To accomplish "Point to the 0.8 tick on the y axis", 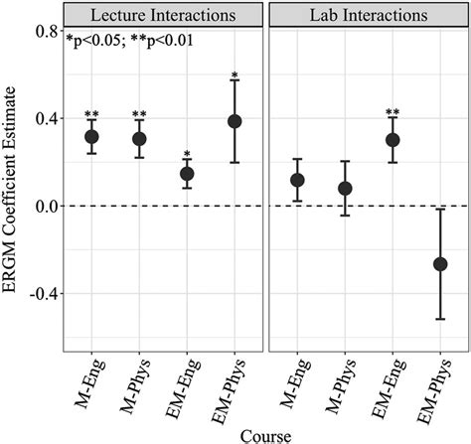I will click(45, 32).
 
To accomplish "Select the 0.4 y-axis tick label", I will click(45, 119).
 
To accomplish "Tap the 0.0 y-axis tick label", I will click(45, 207).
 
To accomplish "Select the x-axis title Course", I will click(265, 433).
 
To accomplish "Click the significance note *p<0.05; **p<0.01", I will click(129, 42).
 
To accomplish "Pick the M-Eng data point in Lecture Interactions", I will click(91, 137).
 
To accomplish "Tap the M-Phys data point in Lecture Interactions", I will click(139, 139).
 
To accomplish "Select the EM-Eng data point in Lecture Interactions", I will click(187, 174).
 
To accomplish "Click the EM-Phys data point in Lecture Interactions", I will click(235, 121).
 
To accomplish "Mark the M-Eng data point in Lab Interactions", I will click(297, 180).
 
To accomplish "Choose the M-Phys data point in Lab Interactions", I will click(345, 188).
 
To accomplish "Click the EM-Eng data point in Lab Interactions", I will click(392, 140).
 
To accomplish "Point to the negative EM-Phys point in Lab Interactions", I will click(440, 264).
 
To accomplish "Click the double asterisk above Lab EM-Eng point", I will click(392, 113).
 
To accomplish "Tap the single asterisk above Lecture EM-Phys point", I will click(235, 75).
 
